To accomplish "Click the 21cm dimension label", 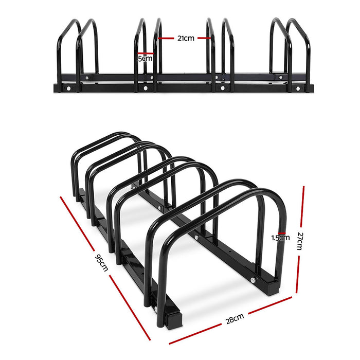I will tap(186, 38).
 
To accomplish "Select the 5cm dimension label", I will tap(146, 58).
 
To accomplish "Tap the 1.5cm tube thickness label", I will tap(281, 238).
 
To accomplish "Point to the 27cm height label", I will tap(301, 240).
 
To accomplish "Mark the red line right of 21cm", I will tap(204, 38).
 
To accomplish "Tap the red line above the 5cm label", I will tap(146, 52).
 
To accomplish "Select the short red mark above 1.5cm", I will tap(280, 232).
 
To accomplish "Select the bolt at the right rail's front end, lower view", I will tap(253, 280).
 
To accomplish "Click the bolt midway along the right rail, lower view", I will tap(196, 238).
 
